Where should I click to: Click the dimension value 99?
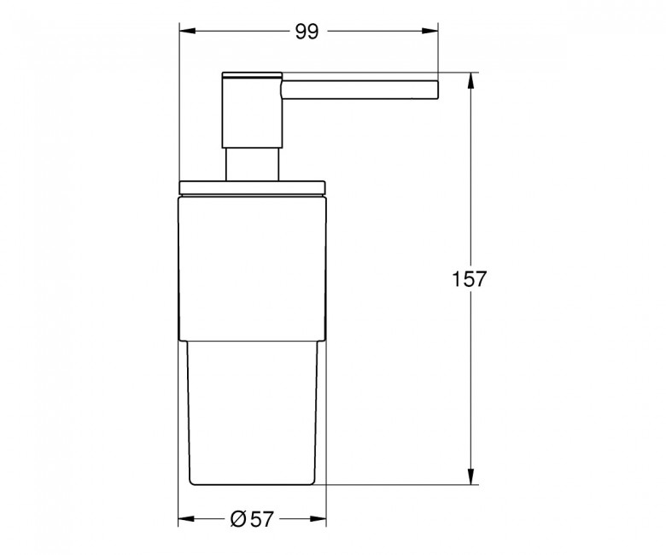tap(307, 32)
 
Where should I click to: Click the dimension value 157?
tap(469, 279)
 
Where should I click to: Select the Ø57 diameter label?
tap(252, 519)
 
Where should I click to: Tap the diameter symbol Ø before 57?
tap(238, 519)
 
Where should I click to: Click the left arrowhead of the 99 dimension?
tap(187, 31)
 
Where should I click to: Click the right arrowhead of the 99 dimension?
tap(429, 31)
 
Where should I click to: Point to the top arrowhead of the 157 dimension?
tap(470, 80)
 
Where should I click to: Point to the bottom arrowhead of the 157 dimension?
tap(470, 476)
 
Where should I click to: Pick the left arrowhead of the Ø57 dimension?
tap(186, 519)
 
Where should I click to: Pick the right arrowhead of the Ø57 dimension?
tap(318, 519)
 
